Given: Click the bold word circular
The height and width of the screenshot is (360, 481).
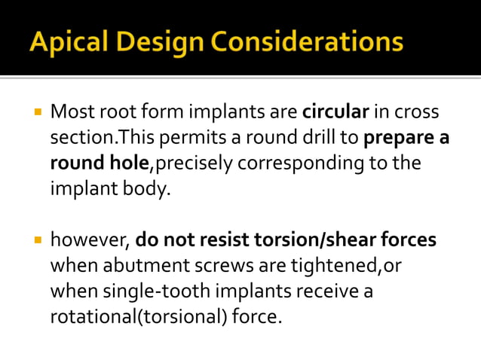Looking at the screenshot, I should click(x=335, y=113).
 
